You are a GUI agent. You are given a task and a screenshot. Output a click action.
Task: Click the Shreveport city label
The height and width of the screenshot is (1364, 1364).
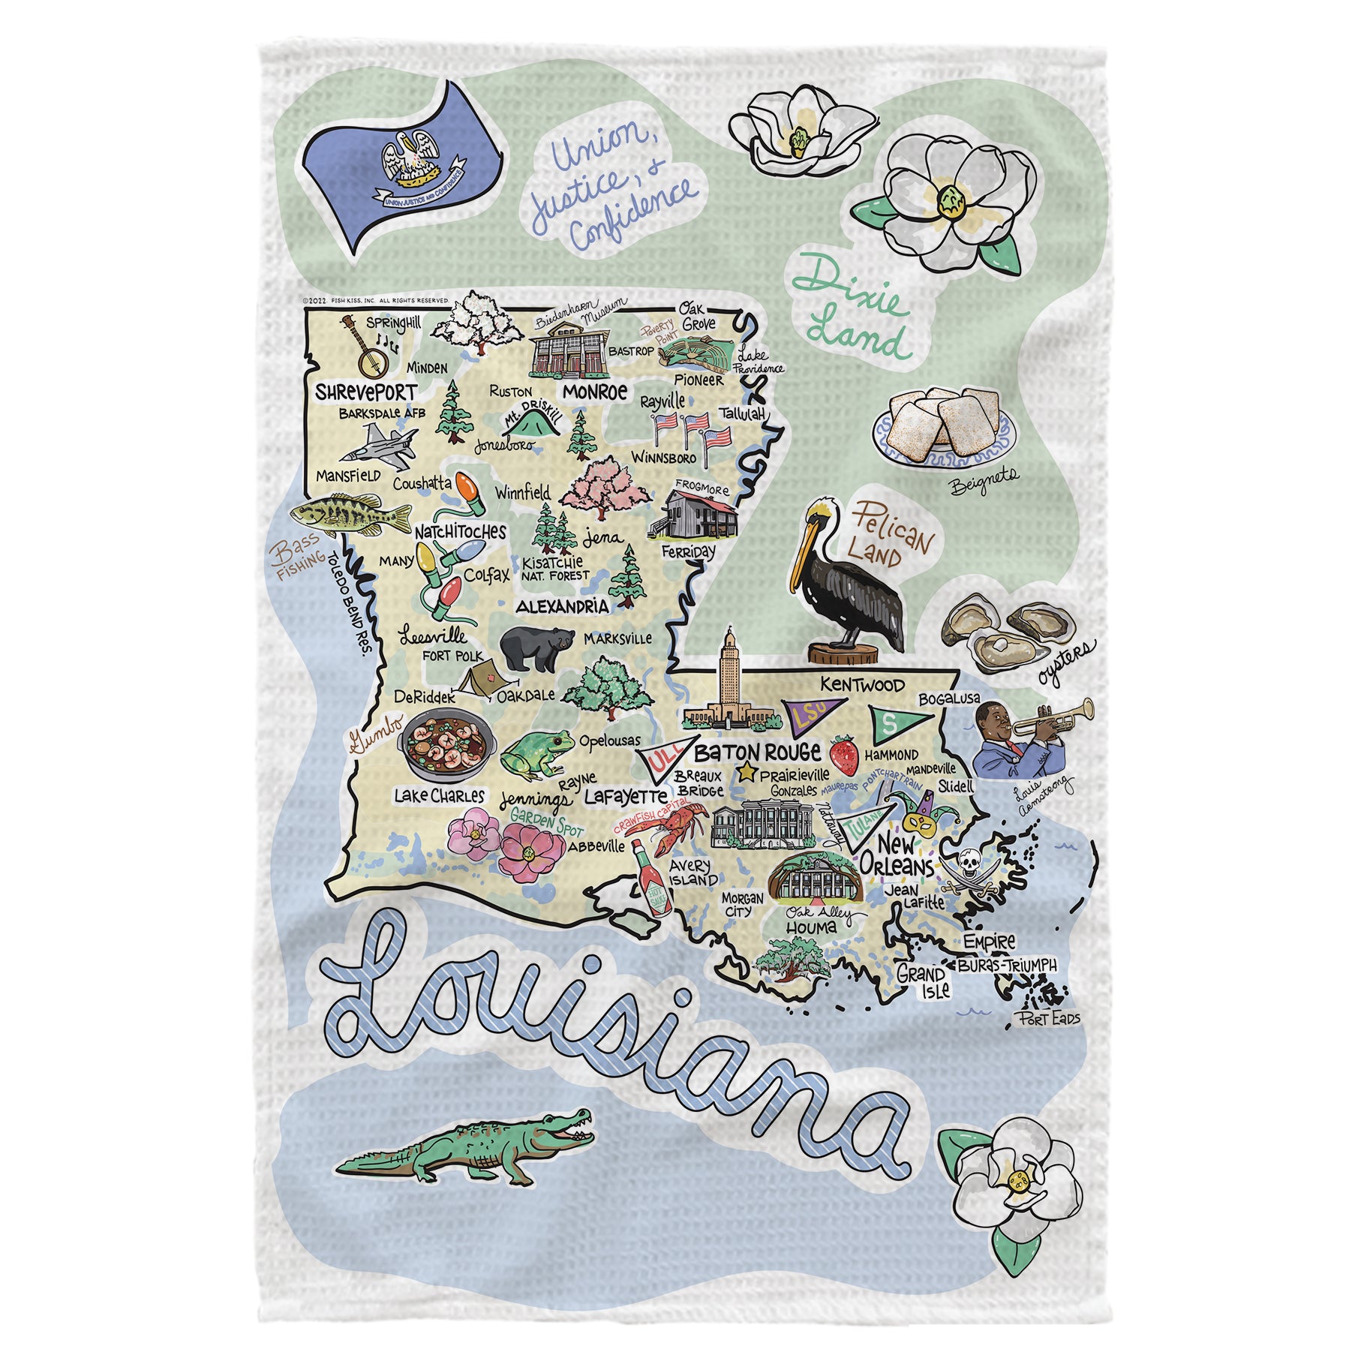coord(365,392)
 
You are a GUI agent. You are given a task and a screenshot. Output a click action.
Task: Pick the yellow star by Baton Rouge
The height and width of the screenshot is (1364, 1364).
coord(746,772)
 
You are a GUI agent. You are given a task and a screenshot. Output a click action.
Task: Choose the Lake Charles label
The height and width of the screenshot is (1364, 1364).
coord(439,796)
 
